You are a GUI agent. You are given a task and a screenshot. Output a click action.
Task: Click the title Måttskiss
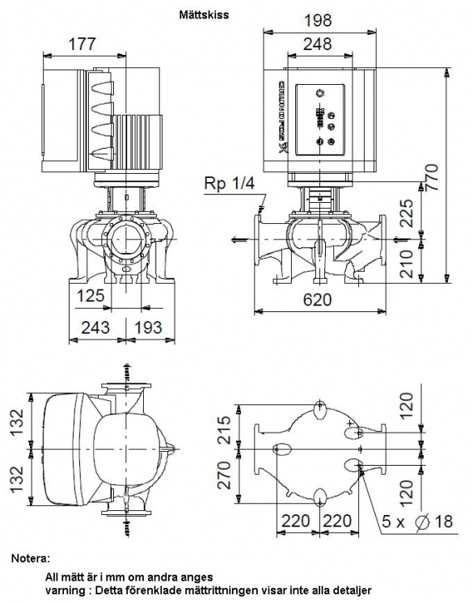204,15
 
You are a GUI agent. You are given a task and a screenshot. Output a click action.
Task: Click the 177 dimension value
82,44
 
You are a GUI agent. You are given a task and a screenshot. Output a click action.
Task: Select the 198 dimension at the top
318,20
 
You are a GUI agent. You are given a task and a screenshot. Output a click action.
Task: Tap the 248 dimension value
318,44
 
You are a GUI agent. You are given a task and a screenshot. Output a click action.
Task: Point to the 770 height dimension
433,177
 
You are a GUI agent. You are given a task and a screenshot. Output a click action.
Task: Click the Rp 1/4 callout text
229,184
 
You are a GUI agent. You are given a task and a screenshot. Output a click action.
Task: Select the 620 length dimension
318,299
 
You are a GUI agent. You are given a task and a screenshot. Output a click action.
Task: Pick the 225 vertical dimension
407,213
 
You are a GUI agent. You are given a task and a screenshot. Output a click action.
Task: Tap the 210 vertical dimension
407,264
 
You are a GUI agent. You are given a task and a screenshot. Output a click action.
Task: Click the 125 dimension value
91,296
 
